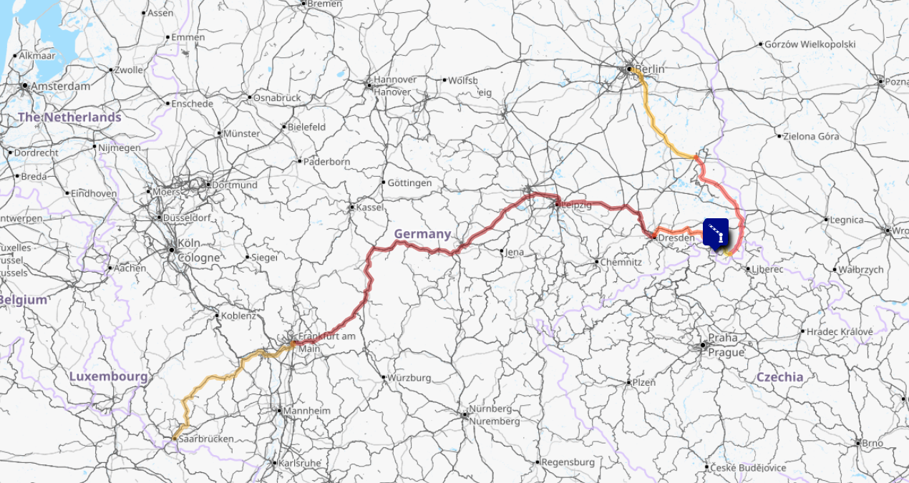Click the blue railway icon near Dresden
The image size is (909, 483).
[716, 231]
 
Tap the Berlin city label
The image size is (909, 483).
[649, 69]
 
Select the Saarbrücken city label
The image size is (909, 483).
[206, 438]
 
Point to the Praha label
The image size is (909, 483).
[722, 338]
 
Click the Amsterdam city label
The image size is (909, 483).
[60, 86]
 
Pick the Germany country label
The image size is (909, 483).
[422, 234]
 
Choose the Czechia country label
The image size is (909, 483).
[779, 377]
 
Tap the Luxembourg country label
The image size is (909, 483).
[108, 376]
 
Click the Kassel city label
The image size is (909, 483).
[370, 207]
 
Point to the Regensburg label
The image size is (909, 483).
[568, 462]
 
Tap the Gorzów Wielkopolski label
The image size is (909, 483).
[810, 44]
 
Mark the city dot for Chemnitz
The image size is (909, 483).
[596, 262]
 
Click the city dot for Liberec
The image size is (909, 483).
[748, 269]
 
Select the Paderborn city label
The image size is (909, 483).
[326, 162]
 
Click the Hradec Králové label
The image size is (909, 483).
[840, 331]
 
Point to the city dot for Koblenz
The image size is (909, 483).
[217, 315]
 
